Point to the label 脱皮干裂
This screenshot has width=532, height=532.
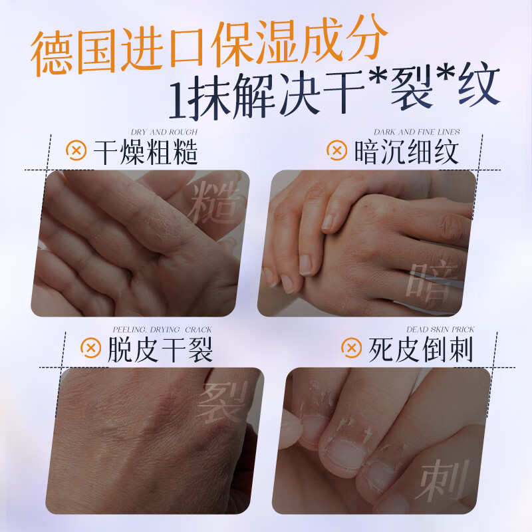(x=160, y=350)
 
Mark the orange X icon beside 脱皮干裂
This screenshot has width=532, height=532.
(x=90, y=348)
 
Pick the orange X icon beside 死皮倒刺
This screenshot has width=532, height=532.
(x=350, y=348)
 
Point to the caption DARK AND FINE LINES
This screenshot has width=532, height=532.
(x=417, y=133)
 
